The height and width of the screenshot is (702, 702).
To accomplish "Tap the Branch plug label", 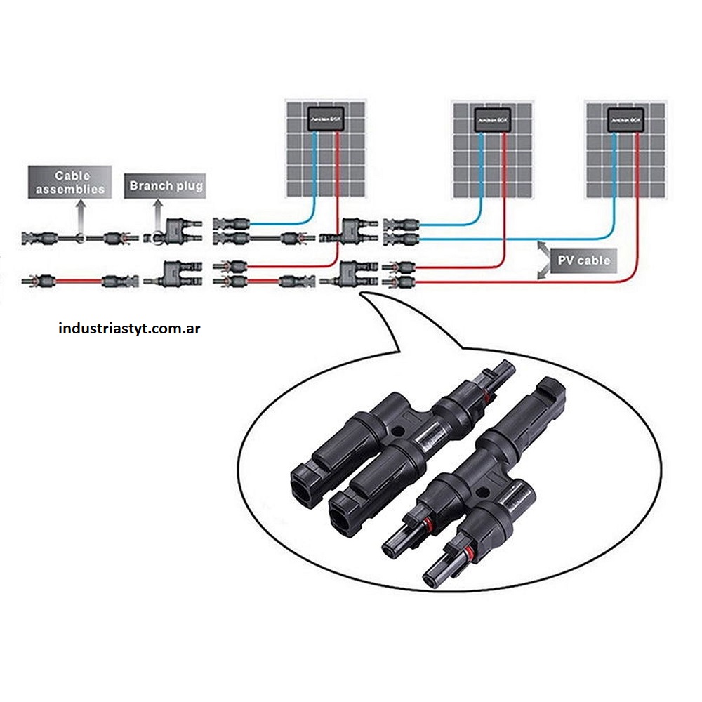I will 166,186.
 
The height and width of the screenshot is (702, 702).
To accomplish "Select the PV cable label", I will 583,260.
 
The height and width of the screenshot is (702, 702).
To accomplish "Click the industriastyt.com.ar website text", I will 130,328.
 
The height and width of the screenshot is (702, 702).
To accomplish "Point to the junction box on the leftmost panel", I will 326,120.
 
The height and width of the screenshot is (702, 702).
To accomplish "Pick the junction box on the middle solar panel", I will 492,120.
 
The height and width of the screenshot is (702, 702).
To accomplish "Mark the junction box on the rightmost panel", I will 625,120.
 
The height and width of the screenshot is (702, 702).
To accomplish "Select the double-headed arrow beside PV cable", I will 543,260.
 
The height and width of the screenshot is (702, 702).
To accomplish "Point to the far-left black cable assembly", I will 74,238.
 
